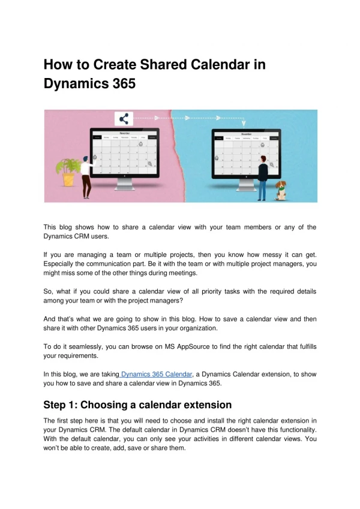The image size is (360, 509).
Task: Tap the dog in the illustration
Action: click(x=281, y=190)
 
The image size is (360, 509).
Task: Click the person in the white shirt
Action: click(x=86, y=176)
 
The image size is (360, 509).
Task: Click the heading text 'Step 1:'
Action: click(x=64, y=405)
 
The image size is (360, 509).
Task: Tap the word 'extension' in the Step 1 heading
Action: click(x=202, y=405)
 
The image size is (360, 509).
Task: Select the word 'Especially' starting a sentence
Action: click(x=62, y=264)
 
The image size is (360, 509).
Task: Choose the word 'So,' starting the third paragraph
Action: click(x=50, y=291)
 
